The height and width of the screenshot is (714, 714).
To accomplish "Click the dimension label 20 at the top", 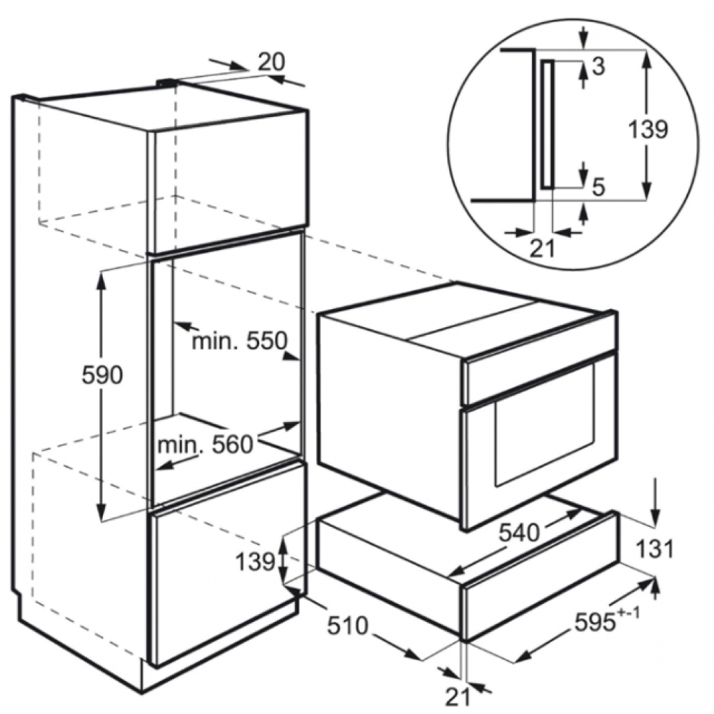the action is (x=271, y=62).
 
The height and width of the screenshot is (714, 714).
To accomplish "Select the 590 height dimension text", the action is (x=102, y=376).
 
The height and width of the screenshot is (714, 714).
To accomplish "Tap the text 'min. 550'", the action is (x=239, y=341).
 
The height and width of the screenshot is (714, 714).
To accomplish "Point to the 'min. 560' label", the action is (x=204, y=445).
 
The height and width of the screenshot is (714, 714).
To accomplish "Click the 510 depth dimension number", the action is (x=348, y=626).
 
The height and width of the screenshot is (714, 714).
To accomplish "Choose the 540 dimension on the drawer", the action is (x=519, y=532).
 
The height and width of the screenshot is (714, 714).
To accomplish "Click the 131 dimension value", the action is (x=654, y=549).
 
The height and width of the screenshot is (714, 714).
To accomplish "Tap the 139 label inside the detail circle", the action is (x=648, y=129).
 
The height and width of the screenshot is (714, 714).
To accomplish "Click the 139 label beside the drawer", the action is (x=255, y=562).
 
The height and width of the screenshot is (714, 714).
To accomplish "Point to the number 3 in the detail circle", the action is (x=599, y=66).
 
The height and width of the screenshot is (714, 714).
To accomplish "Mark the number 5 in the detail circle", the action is (x=599, y=186).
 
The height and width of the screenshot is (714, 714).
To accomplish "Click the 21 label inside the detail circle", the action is (x=543, y=248).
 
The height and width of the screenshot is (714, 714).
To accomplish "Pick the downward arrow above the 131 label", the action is (x=655, y=502).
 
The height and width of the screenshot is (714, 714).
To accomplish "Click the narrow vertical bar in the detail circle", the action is (x=548, y=124).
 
